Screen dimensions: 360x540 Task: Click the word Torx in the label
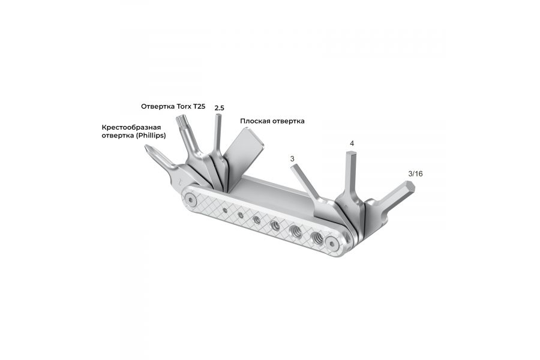pos(184,106)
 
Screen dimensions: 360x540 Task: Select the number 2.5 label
pos(219,107)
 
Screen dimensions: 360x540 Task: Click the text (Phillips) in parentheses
pos(151,136)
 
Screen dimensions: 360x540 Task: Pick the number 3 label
pos(292,158)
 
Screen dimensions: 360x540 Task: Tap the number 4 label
pos(352,143)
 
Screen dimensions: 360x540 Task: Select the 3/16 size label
pos(415,173)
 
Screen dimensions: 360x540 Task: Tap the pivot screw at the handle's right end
pos(329,242)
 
